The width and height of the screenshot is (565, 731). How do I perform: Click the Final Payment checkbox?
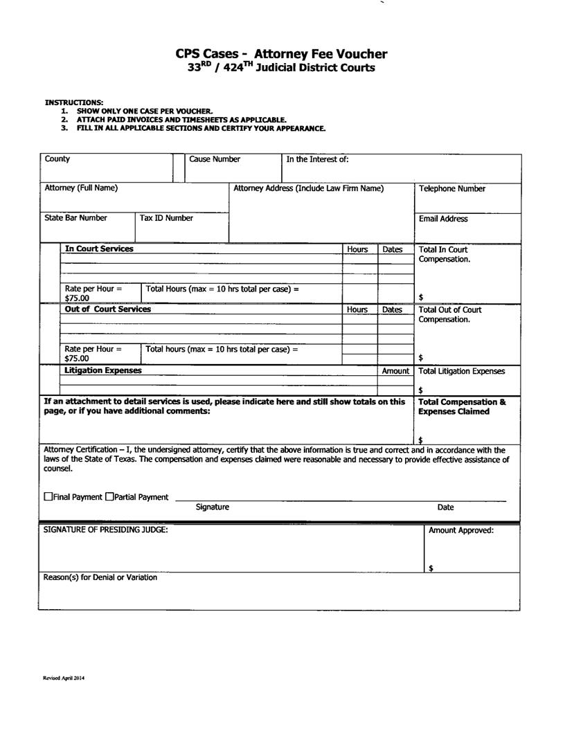point(48,497)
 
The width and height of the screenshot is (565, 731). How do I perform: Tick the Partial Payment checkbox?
point(109,497)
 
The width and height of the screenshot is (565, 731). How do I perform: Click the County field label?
point(57,159)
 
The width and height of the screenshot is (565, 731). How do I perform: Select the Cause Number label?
point(215,159)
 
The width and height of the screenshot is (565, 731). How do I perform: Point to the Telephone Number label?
point(452,189)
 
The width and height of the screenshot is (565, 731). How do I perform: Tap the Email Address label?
point(443,219)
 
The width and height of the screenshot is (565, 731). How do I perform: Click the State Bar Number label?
point(76,218)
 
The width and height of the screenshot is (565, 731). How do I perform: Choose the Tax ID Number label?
point(166,218)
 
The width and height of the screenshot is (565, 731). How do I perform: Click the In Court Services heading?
point(99,249)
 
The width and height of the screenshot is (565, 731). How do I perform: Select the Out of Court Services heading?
point(107,309)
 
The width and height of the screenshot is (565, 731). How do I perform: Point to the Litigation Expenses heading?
point(103,370)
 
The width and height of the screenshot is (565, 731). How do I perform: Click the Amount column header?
point(395,371)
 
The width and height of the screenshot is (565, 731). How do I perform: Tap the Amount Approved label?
point(461,530)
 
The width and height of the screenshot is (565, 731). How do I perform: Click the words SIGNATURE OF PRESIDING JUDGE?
point(106,530)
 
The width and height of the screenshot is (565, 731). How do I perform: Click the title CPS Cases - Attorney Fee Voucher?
point(281,54)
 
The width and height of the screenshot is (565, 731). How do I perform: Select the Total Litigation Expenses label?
point(462,371)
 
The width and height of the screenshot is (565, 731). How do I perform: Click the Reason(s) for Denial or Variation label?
point(100,577)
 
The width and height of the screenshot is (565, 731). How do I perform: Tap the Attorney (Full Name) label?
point(81,188)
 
